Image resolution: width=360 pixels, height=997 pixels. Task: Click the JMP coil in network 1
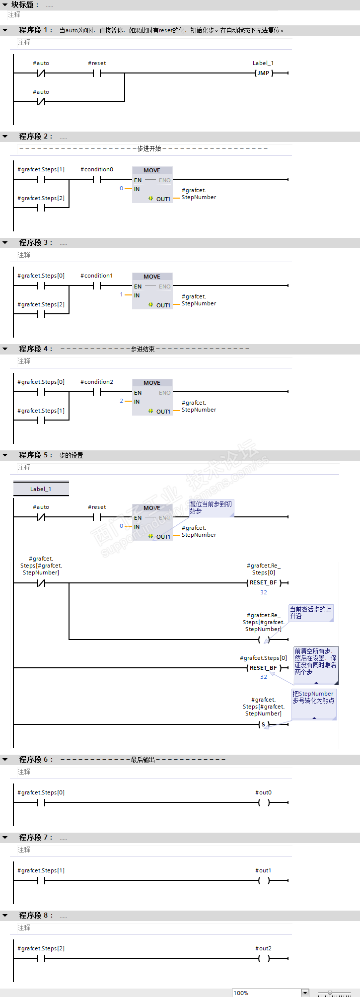263,73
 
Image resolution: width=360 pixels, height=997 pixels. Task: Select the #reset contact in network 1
97,73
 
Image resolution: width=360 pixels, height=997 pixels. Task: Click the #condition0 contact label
97,169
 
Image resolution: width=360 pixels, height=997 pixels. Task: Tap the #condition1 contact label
97,276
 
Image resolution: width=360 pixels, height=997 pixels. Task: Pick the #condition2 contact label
97,382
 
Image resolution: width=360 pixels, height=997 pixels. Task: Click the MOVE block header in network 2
152,170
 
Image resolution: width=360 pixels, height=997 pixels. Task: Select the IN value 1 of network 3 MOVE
121,294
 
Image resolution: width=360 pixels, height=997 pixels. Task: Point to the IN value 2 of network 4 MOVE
121,401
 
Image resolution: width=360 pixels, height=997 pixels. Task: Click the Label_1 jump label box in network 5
41,489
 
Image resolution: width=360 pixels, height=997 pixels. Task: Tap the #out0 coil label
263,792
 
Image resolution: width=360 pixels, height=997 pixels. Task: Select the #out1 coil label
263,870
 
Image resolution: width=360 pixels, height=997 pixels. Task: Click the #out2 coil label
263,948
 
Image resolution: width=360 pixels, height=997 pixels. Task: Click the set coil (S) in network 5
263,724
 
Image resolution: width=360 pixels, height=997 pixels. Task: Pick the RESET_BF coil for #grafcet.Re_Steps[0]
263,582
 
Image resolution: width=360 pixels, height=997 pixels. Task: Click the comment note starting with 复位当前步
211,507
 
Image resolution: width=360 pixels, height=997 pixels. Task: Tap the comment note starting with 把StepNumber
313,698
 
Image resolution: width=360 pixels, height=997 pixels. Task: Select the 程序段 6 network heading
35,760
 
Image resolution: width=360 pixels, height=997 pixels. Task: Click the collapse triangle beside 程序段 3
5,243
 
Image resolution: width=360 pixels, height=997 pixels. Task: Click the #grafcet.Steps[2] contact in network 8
41,958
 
